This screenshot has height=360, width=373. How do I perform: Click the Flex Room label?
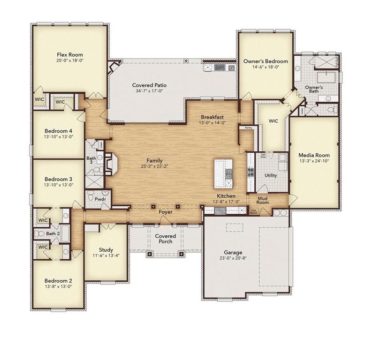pos(69,55)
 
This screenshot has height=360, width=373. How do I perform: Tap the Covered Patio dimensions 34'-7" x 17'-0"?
pos(149,92)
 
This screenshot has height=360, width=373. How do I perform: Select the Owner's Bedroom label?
pos(265,61)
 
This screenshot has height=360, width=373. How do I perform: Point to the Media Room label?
pos(314,155)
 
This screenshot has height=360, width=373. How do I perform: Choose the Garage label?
pos(233,252)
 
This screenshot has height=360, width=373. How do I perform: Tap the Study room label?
pos(106,250)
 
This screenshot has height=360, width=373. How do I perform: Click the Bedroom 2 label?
pos(58,280)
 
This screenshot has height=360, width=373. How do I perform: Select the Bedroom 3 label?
pos(58,179)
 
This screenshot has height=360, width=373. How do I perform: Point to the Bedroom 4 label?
pos(58,131)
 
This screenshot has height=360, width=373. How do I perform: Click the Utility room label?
pos(270,175)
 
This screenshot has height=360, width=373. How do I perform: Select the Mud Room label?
pos(262,200)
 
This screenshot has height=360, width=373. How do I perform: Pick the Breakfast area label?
pos(213,117)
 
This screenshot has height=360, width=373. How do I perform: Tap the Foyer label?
pos(165,212)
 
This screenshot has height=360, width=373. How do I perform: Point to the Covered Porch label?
pos(165,239)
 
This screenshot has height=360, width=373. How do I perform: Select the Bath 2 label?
pos(53,233)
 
